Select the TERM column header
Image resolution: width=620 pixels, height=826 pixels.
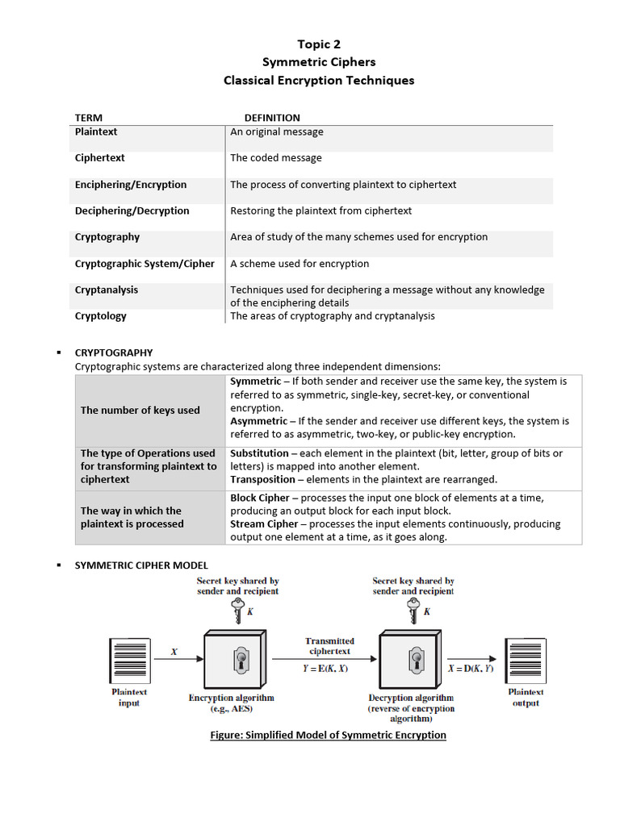click(x=89, y=118)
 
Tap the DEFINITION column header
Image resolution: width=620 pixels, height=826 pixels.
click(x=272, y=118)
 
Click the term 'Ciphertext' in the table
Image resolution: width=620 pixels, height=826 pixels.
click(x=99, y=158)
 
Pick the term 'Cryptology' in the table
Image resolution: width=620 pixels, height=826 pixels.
click(x=100, y=316)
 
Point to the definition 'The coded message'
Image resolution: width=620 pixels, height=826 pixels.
click(x=275, y=158)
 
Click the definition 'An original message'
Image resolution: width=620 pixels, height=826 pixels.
click(x=276, y=131)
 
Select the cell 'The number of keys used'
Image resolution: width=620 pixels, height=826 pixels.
click(x=140, y=410)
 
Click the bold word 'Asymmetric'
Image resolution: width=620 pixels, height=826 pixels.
click(x=258, y=421)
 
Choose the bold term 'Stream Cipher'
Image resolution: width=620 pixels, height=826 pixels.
click(x=264, y=524)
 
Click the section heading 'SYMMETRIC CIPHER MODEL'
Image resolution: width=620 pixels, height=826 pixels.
click(x=141, y=565)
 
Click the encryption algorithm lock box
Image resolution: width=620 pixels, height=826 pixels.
click(x=238, y=660)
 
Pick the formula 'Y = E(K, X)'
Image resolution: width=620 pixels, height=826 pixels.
click(x=327, y=669)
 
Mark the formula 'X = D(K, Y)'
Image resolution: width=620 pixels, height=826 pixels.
click(x=471, y=669)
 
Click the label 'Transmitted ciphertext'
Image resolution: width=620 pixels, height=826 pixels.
click(x=329, y=646)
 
